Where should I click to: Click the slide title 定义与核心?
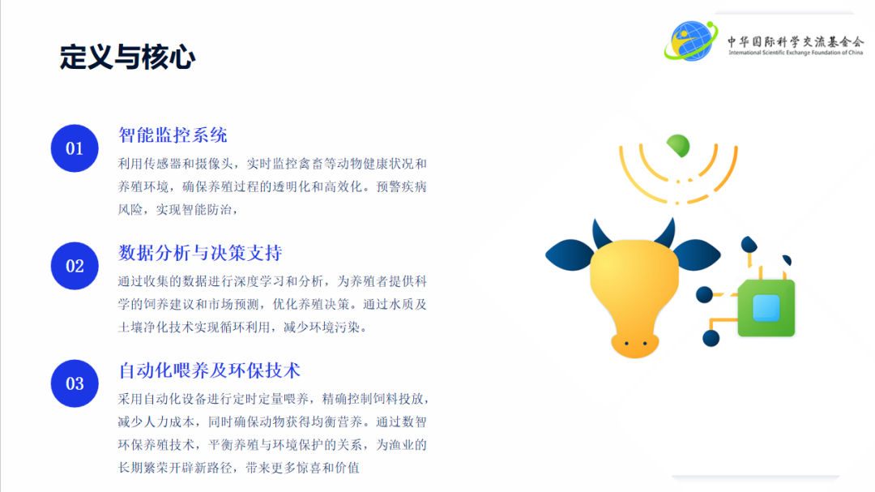(x=127, y=57)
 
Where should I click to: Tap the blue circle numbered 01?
(x=75, y=148)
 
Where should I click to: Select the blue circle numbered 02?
(x=75, y=266)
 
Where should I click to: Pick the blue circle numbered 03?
(x=75, y=383)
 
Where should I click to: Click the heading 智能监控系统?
(x=173, y=135)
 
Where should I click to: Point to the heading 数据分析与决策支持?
(x=200, y=253)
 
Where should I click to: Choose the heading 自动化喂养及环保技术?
(x=209, y=370)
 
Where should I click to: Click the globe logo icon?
(x=691, y=41)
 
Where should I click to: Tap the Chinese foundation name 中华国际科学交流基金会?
(x=796, y=41)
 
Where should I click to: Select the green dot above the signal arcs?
(x=679, y=145)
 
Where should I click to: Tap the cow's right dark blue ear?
(x=697, y=255)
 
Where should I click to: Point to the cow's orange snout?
(x=634, y=344)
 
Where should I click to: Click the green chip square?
(x=766, y=308)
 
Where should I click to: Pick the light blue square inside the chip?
(x=766, y=308)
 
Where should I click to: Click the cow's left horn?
(x=602, y=234)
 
